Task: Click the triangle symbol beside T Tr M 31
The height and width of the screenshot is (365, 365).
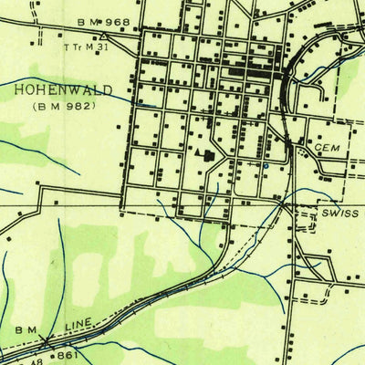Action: click(105, 38)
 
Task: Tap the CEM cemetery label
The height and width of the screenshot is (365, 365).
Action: click(326, 147)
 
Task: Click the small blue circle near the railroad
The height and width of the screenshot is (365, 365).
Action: click(263, 167)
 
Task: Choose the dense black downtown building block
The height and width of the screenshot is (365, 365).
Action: click(246, 68)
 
